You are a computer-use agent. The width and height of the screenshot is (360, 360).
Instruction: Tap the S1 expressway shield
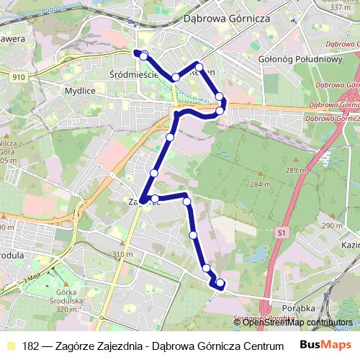point(280,233)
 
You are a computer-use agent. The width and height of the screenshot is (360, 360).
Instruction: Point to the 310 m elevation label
point(123,255)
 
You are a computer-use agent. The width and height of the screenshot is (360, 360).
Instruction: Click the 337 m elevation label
point(339,7)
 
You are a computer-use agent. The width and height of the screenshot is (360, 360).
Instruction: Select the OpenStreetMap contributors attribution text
point(297,322)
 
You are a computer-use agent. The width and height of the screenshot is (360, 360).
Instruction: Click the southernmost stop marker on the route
point(220,283)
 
